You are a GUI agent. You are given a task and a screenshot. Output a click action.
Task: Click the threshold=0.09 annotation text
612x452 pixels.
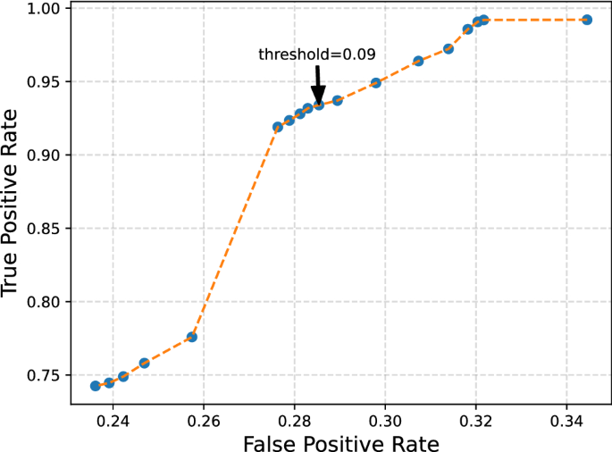[x=316, y=54]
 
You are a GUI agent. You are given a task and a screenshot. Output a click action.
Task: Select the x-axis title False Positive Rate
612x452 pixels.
[x=340, y=440]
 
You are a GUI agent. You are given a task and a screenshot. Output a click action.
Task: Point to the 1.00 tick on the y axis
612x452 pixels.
[x=43, y=9]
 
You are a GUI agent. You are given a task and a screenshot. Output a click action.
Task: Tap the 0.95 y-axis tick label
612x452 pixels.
[x=43, y=82]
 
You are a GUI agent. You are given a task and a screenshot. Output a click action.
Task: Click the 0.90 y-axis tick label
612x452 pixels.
[x=43, y=155]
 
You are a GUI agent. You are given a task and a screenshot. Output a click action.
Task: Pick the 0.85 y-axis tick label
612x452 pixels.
[x=43, y=229]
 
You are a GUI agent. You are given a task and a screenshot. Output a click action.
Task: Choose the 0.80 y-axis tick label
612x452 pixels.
[x=43, y=302]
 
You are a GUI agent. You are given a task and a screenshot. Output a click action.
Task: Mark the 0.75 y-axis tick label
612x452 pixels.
[x=43, y=375]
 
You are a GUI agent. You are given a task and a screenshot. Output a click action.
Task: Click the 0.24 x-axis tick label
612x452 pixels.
[x=113, y=418]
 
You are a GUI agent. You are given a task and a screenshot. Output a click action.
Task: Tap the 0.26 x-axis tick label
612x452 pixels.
[x=204, y=418]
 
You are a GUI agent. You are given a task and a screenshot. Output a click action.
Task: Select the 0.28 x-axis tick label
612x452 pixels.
[x=295, y=418]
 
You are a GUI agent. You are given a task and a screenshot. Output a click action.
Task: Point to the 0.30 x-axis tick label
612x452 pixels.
[x=385, y=418]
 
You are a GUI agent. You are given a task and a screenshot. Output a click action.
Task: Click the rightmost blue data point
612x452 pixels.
[x=586, y=20]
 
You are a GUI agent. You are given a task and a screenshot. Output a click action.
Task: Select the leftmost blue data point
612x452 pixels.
[x=96, y=386]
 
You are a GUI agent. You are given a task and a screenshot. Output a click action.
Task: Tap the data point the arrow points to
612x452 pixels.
[x=318, y=105]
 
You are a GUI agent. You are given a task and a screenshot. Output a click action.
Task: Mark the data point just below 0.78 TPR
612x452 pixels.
[x=191, y=337]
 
